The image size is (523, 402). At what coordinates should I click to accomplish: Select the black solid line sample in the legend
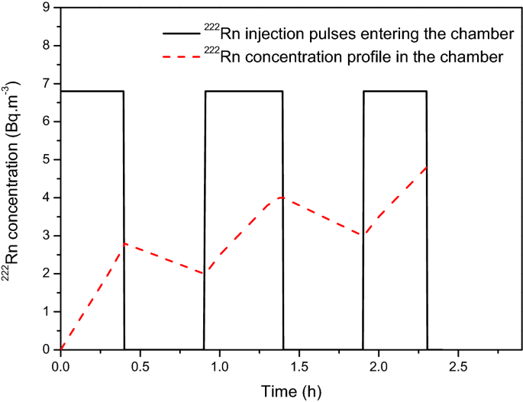(x=179, y=34)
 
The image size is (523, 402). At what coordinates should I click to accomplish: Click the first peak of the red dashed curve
(x=124, y=243)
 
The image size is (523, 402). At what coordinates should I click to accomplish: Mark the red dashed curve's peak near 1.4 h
(x=282, y=198)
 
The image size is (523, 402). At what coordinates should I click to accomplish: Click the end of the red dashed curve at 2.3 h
(x=426, y=166)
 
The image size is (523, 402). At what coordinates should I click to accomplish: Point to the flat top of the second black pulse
(x=244, y=92)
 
